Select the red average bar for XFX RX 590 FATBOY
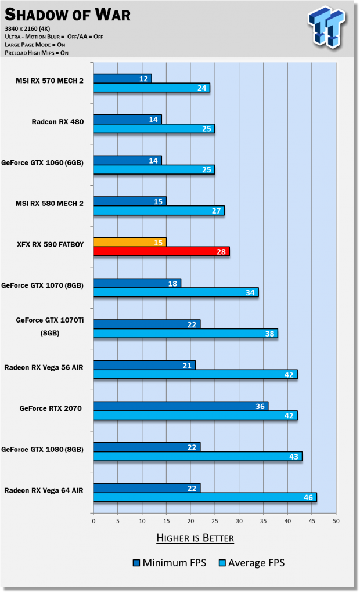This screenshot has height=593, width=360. (x=161, y=251)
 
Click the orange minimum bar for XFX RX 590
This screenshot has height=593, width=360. (x=130, y=241)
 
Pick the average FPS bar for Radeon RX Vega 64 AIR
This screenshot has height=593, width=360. (x=205, y=497)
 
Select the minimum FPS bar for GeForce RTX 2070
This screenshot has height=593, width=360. (x=181, y=406)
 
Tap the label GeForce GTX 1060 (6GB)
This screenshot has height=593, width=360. (x=42, y=163)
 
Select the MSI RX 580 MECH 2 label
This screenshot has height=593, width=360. (x=49, y=204)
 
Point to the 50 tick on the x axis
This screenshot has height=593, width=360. (x=336, y=520)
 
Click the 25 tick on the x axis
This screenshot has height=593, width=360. (x=214, y=520)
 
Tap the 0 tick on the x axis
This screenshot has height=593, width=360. (x=93, y=520)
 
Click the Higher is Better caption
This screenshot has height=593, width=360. (x=195, y=538)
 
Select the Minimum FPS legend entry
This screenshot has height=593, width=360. (x=169, y=562)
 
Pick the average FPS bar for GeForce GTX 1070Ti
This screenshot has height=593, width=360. (x=185, y=333)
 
